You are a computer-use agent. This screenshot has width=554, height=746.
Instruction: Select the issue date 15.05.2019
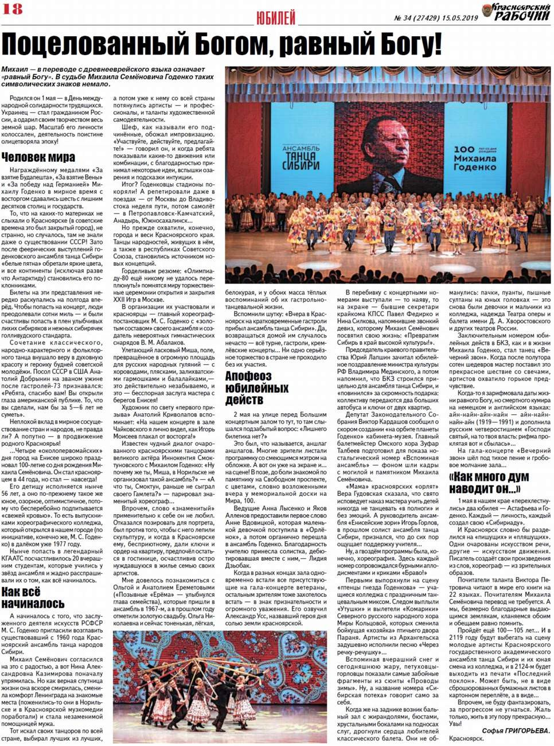(x=459, y=18)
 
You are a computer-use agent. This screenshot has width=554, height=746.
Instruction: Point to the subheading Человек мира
(x=38, y=157)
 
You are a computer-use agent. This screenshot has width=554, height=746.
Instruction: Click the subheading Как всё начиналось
(x=33, y=598)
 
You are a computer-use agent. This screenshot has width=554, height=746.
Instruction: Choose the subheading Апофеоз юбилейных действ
(x=257, y=388)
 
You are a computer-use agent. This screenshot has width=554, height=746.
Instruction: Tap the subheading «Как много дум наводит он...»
(x=485, y=483)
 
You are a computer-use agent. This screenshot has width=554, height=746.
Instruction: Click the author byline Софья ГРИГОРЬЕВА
(x=516, y=731)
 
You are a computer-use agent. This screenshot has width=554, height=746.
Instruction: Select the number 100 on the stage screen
(x=464, y=149)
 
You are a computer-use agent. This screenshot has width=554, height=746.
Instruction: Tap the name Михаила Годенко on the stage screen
(x=474, y=162)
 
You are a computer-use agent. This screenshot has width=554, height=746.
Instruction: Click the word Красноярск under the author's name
(x=466, y=739)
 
